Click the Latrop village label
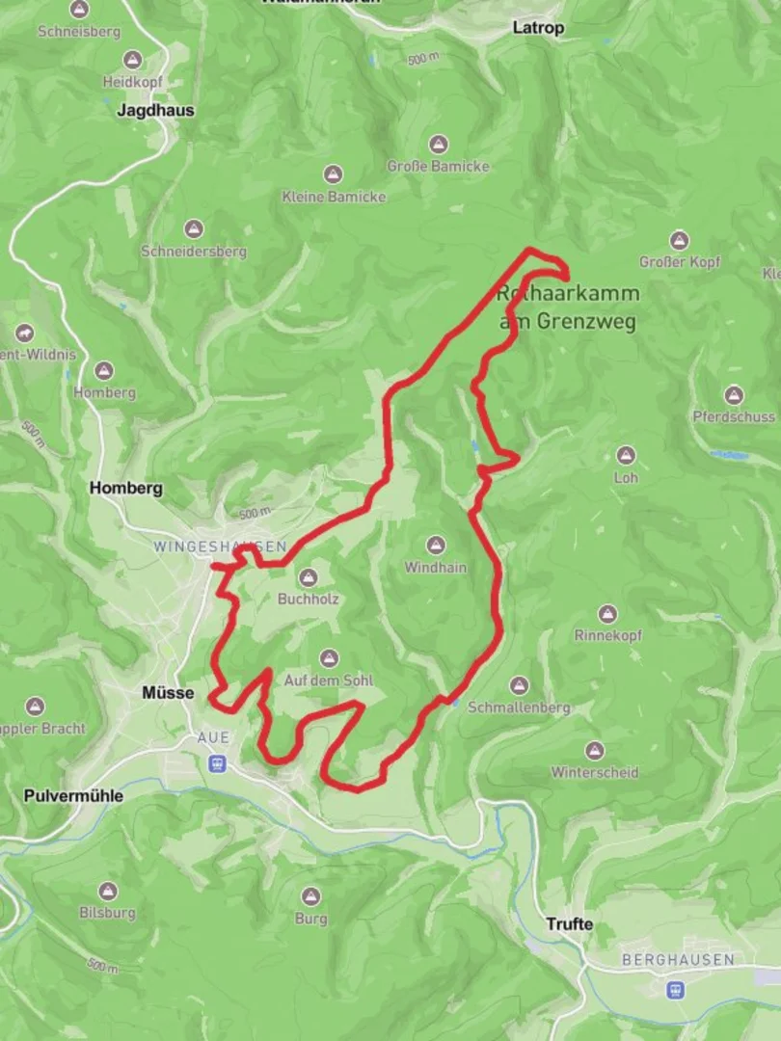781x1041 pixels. (538, 28)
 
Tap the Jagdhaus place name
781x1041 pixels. (155, 110)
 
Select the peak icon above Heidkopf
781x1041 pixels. (131, 60)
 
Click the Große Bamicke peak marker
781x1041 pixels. (439, 145)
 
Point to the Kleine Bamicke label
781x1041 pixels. (334, 197)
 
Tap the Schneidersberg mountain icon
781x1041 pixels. (194, 229)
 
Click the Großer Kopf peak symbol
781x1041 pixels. (680, 240)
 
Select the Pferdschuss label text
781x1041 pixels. (734, 417)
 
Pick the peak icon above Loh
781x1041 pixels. (627, 455)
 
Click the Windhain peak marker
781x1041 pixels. (435, 546)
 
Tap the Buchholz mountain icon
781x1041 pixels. (309, 577)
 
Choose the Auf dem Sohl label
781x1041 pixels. (328, 681)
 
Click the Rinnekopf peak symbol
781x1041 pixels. (607, 614)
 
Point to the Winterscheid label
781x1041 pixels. (595, 772)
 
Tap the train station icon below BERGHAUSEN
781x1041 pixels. (677, 989)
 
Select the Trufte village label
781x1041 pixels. (569, 923)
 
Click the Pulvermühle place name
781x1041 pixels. (73, 796)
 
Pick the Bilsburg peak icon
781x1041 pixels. (107, 891)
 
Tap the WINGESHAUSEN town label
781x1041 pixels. (220, 547)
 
